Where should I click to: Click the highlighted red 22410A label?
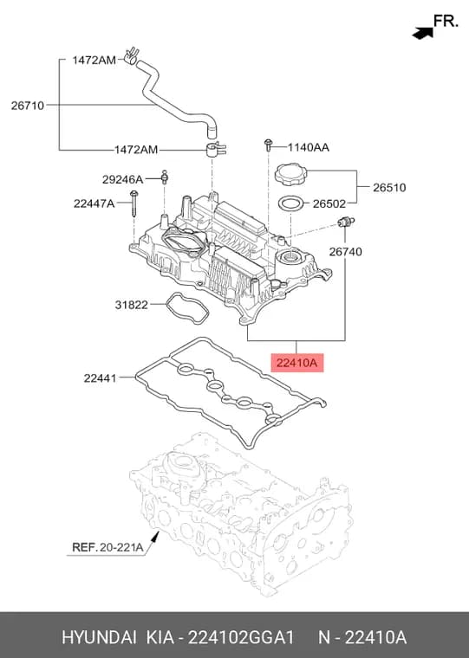tap(297, 362)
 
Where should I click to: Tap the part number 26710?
tap(28, 106)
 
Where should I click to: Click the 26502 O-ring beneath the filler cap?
tap(290, 204)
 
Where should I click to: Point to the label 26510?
tap(389, 187)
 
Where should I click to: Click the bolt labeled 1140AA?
tap(268, 145)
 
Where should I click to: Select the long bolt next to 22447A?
tap(134, 203)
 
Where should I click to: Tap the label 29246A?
tap(123, 179)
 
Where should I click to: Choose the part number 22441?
tap(100, 378)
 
